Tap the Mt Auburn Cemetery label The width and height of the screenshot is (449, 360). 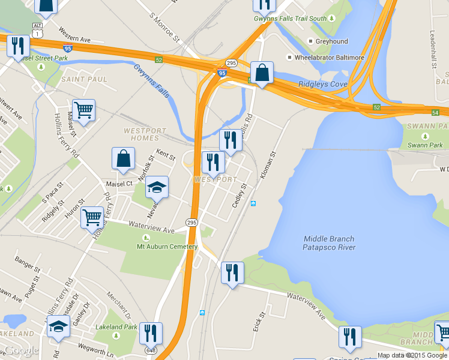pyautogui.click(x=167, y=247)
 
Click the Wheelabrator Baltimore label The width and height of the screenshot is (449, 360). pyautogui.click(x=329, y=58)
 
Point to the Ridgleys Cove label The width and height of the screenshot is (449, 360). pyautogui.click(x=323, y=84)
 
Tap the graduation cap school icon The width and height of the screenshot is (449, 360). pyautogui.click(x=157, y=187)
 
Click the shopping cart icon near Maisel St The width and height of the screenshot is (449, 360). pyautogui.click(x=83, y=110)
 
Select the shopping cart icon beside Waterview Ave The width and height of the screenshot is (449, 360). pyautogui.click(x=92, y=217)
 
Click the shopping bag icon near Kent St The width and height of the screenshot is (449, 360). pyautogui.click(x=123, y=159)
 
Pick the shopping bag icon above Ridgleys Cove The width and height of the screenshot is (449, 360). pyautogui.click(x=262, y=73)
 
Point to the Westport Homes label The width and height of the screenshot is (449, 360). pyautogui.click(x=141, y=134)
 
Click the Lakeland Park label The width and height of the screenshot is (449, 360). pyautogui.click(x=116, y=328)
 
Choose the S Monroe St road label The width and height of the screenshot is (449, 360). pyautogui.click(x=165, y=28)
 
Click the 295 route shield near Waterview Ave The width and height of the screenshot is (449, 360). pyautogui.click(x=191, y=223)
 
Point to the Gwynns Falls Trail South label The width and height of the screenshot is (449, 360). pyautogui.click(x=291, y=19)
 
